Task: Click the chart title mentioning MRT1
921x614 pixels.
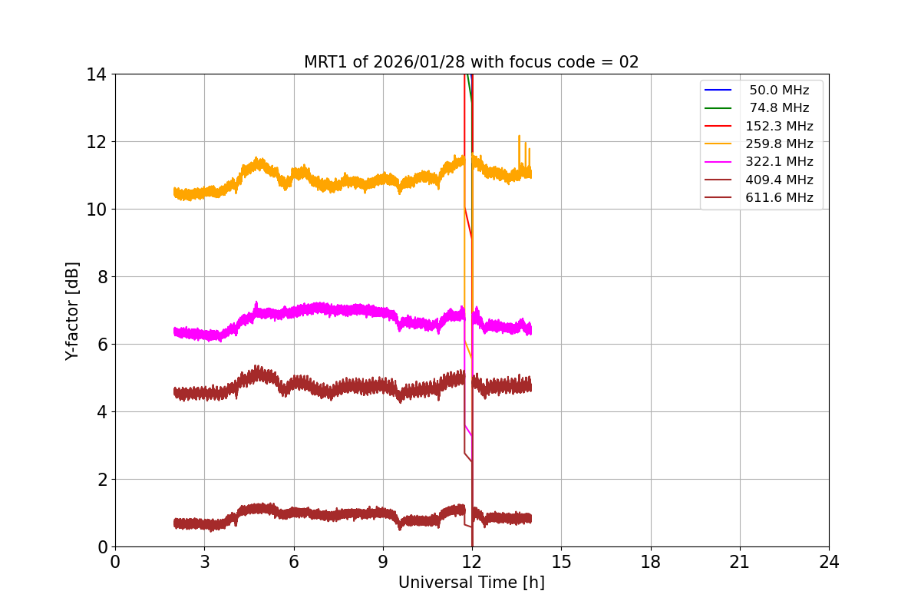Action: (471, 62)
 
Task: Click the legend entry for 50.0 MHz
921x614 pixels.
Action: (779, 91)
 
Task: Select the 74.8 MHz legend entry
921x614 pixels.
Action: (779, 108)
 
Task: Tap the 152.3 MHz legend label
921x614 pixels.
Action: (779, 126)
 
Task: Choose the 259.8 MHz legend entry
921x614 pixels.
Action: (779, 144)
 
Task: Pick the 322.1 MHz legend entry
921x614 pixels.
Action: (779, 162)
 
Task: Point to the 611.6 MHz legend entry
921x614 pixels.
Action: (779, 198)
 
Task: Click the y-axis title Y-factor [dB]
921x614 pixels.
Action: (72, 311)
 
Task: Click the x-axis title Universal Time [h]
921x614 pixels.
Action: (471, 583)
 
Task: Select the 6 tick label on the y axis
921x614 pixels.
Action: (101, 345)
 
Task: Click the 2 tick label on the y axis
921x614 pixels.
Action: (101, 480)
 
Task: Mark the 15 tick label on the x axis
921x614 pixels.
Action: (561, 562)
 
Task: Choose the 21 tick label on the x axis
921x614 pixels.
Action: (740, 562)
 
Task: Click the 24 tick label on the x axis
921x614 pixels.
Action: (829, 562)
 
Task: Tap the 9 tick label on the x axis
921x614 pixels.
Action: (383, 562)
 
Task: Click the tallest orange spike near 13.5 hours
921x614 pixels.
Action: (519, 137)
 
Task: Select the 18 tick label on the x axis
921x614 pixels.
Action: (651, 562)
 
